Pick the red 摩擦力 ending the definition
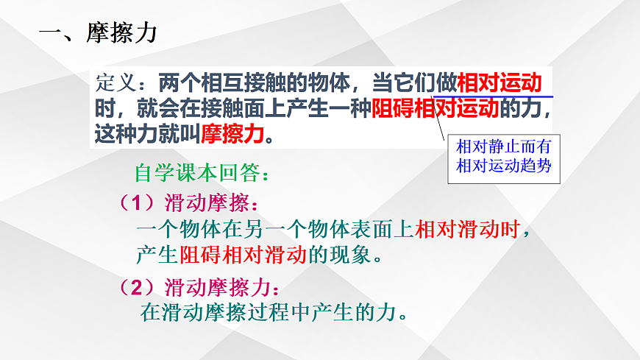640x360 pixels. coord(231,134)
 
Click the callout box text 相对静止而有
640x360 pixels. coord(503,146)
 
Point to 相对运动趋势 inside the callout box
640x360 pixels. coord(503,165)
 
